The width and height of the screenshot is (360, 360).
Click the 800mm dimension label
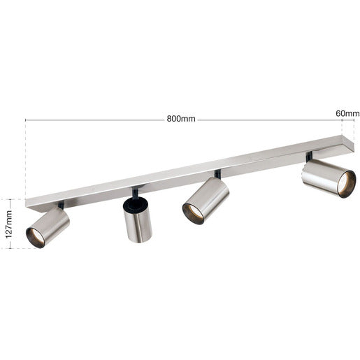pos(181,119)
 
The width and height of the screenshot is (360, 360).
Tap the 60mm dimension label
pos(347,114)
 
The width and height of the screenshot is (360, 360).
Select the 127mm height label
pos(9,224)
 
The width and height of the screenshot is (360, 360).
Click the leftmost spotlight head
pos(48,227)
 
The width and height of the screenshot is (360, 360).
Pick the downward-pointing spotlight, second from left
pos(138,219)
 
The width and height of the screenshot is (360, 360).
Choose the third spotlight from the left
pos(206,201)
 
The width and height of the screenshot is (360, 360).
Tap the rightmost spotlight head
pos(329,178)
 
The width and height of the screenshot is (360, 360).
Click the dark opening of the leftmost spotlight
pos(35,238)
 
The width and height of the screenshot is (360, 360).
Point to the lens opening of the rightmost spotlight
pos(347,184)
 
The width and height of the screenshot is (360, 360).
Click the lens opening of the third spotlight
pos(193,214)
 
